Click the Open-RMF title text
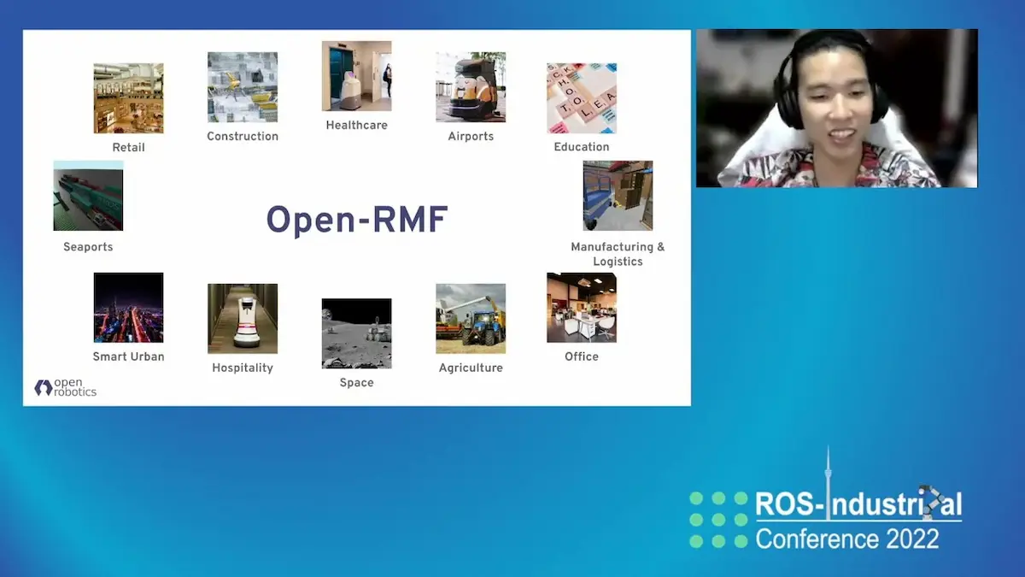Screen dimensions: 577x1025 point(357,220)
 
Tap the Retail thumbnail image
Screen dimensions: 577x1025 point(128,97)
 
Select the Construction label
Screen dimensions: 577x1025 point(243,136)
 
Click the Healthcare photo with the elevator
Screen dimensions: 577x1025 point(356,76)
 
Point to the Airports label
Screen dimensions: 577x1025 point(471,136)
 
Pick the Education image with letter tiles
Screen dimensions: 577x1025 point(582,97)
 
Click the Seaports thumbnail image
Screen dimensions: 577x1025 point(88,196)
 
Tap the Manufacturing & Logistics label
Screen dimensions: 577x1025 point(618,254)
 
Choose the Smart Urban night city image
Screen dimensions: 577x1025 point(128,308)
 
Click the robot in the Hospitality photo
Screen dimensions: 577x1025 point(246,321)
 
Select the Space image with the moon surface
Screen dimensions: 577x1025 point(356,333)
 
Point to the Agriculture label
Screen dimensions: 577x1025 point(471,368)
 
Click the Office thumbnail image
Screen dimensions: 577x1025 point(582,308)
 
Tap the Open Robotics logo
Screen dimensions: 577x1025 point(66,387)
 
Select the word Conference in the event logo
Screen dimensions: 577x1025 point(809,539)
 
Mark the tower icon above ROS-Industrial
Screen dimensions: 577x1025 point(827,474)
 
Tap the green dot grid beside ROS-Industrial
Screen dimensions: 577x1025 point(718,519)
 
